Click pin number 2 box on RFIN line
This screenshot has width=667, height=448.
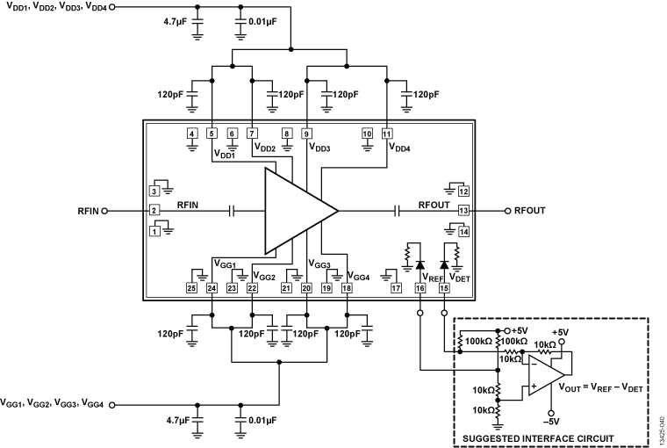tap(154, 211)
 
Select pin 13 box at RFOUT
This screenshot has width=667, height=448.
tap(463, 211)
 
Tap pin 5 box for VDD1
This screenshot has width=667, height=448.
tap(212, 134)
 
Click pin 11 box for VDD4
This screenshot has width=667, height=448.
tap(387, 134)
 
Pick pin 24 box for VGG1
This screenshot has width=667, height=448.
tap(212, 287)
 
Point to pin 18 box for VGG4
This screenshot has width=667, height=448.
tap(348, 287)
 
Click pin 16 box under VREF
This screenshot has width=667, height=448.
tap(420, 287)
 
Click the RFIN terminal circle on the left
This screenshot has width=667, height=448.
tap(105, 211)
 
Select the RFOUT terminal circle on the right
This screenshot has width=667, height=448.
tap(507, 211)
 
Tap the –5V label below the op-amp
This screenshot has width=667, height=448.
tap(552, 420)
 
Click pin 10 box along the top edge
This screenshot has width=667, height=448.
tap(368, 134)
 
